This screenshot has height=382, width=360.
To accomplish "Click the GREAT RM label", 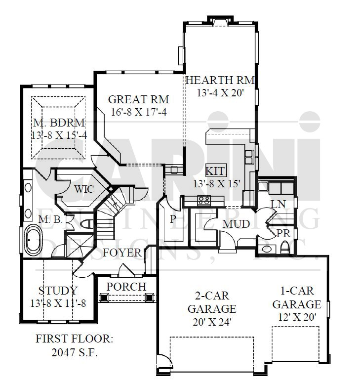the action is (x=138, y=99).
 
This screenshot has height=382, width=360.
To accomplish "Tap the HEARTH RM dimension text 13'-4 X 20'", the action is (x=220, y=93).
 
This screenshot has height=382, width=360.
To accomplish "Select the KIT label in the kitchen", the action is (x=216, y=171).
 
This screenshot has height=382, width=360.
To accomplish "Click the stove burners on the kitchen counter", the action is (x=204, y=201).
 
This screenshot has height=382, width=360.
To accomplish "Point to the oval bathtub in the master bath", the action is (x=34, y=240).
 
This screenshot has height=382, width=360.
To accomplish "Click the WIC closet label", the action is (x=84, y=189).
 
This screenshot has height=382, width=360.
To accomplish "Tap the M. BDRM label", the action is (x=59, y=123).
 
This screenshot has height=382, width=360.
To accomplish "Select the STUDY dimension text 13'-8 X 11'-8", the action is (x=58, y=303).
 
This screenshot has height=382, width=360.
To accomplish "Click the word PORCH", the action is (x=126, y=287).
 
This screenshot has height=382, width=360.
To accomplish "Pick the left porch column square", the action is (x=104, y=297).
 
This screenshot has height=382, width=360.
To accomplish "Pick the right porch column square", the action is (x=150, y=297).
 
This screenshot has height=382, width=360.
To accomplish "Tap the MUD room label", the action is (x=236, y=224).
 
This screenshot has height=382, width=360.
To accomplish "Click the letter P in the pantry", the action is (x=173, y=219).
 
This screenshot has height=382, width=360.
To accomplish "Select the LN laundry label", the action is (x=279, y=205).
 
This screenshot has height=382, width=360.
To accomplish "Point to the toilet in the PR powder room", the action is (x=284, y=247).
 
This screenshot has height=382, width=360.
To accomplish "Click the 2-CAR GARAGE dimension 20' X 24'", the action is (x=212, y=322).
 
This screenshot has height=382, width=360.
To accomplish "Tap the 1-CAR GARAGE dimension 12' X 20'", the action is (x=297, y=317).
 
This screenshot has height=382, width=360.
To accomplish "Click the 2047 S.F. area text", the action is (x=75, y=352).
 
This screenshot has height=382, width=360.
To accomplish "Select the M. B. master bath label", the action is (x=51, y=219).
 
